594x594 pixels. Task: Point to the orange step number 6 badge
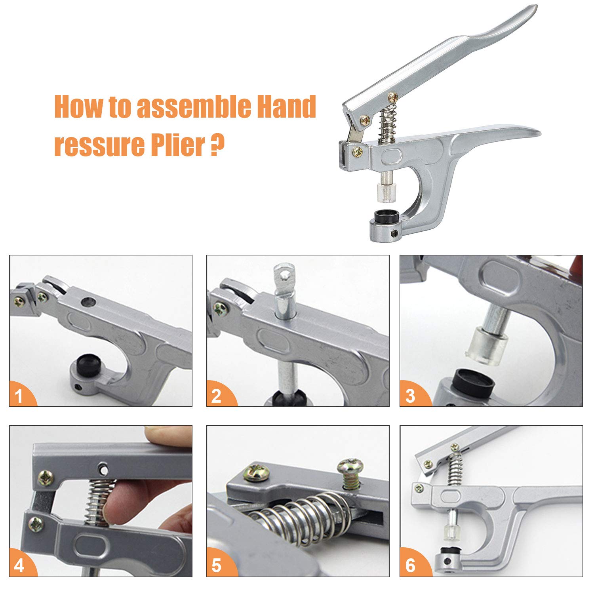coord(412,564)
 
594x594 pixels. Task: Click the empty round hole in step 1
coord(88,303)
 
